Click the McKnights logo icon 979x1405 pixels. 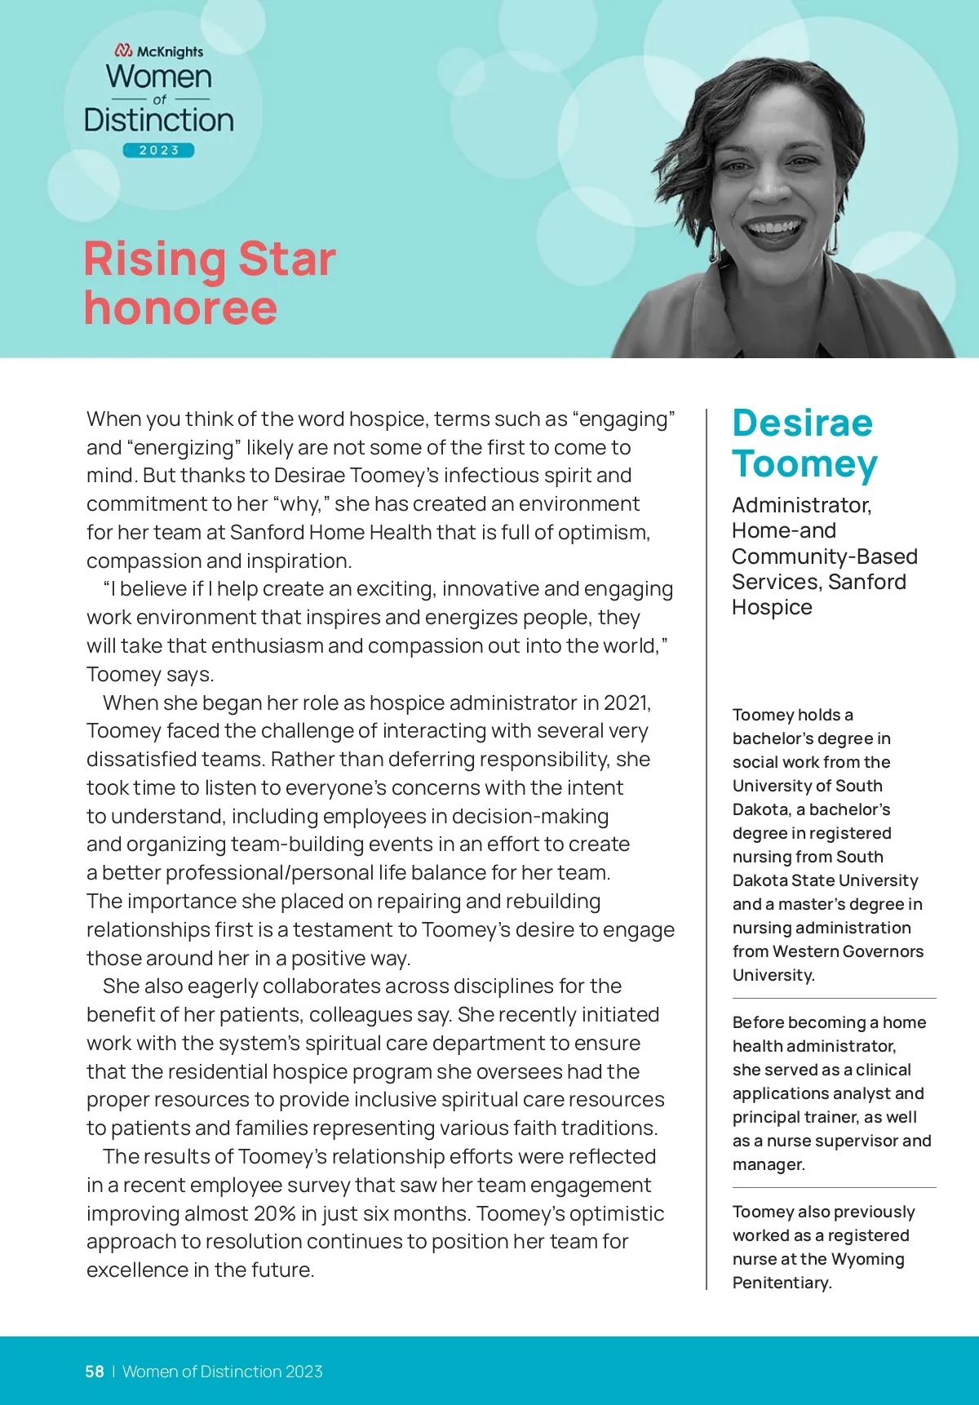point(123,51)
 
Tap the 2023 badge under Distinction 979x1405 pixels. point(159,150)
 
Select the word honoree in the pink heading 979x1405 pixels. point(180,308)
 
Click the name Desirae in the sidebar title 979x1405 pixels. point(802,423)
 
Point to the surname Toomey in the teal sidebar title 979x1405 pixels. point(804,463)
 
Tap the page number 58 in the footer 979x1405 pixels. point(95,1372)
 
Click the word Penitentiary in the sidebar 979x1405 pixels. point(782,1283)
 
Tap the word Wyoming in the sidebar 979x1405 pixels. point(868,1259)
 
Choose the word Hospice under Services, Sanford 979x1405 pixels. point(772,607)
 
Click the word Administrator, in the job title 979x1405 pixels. point(801,505)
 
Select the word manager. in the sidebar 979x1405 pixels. point(769,1164)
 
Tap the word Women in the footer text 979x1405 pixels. point(149,1372)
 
